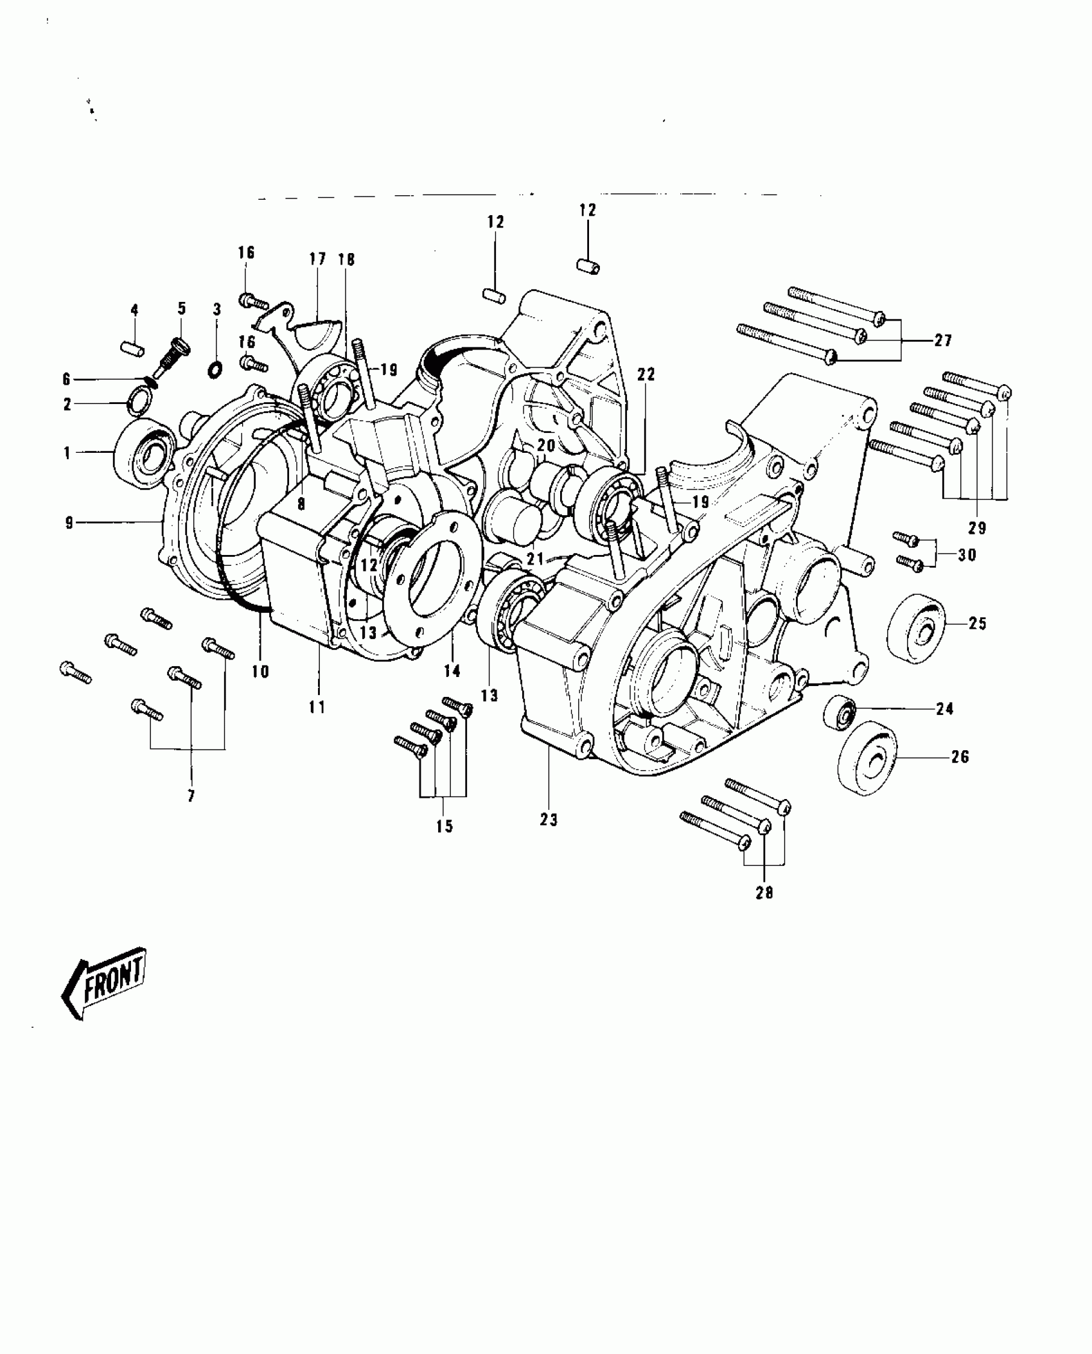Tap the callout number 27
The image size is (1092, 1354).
click(x=942, y=340)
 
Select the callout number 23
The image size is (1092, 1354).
click(x=549, y=820)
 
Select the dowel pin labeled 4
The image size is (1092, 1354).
click(x=134, y=349)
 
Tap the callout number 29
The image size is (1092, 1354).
click(x=978, y=527)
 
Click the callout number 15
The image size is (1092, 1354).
click(x=444, y=826)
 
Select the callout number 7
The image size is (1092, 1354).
click(x=191, y=796)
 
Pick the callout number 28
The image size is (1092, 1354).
click(x=764, y=892)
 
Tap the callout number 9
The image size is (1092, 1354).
click(x=69, y=522)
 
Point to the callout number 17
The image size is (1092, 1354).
click(x=317, y=259)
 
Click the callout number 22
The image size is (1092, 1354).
click(x=646, y=374)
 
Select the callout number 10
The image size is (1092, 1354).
click(x=260, y=672)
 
